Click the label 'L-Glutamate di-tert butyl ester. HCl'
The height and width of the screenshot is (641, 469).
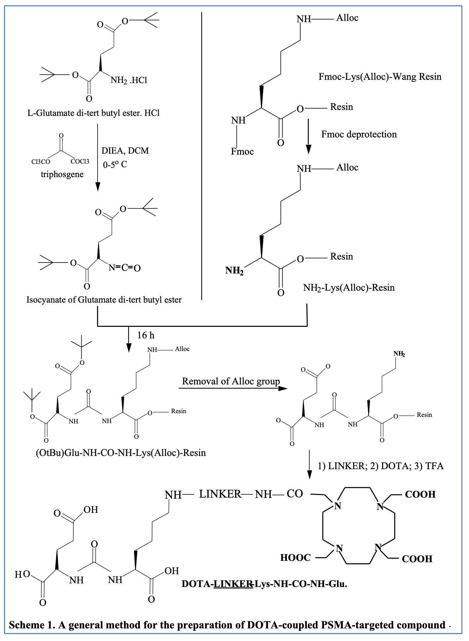tap(93, 113)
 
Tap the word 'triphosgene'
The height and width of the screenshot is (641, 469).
tap(62, 174)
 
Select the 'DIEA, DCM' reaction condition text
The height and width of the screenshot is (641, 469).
tap(125, 151)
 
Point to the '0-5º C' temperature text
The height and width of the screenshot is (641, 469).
tap(115, 165)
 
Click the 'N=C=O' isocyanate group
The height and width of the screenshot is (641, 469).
tap(125, 268)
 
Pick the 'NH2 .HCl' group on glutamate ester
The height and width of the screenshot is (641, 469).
tap(129, 80)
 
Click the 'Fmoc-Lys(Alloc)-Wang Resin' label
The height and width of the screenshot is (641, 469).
tap(380, 77)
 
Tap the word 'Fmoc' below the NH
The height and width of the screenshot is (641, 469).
tap(242, 152)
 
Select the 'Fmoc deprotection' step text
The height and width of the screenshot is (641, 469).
tap(359, 134)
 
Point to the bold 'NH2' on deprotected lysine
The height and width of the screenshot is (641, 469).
tap(234, 271)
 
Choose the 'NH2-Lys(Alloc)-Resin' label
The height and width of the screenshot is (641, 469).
tap(349, 287)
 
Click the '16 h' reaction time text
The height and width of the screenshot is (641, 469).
tap(146, 335)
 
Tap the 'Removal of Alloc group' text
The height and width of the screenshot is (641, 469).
tap(231, 381)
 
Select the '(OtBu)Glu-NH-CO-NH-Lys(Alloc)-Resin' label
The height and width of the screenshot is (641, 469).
tap(121, 453)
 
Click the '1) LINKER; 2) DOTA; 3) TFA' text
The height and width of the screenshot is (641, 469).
tap(380, 466)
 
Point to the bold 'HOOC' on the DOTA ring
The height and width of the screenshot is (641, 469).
tap(295, 558)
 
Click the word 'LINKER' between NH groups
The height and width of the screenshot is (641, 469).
tap(220, 494)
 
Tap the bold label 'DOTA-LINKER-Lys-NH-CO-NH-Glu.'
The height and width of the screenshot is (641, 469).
tap(264, 584)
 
